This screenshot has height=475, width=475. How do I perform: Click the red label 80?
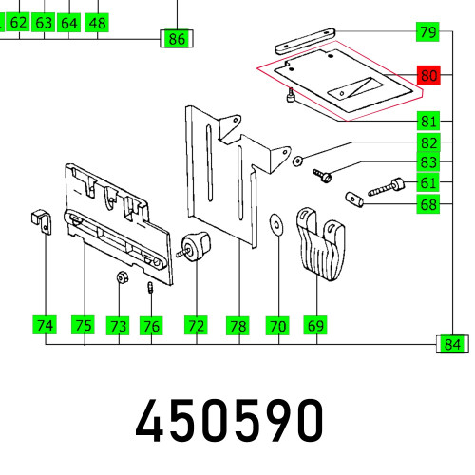[428, 77]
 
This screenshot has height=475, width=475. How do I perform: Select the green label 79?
[428, 32]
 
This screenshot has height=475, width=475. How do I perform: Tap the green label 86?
[177, 39]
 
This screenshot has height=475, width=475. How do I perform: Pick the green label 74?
[44, 326]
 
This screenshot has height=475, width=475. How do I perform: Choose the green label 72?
[196, 326]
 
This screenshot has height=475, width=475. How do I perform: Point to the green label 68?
[428, 204]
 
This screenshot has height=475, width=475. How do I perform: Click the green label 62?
[19, 21]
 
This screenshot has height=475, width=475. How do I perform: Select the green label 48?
[96, 21]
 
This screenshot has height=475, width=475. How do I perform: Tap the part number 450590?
[231, 420]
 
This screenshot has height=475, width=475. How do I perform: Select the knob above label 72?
[195, 244]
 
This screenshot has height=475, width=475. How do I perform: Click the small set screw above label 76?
[151, 288]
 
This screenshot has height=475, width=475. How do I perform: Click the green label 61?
[428, 183]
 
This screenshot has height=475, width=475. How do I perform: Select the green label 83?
[428, 163]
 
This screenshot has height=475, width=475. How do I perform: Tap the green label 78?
[237, 326]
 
